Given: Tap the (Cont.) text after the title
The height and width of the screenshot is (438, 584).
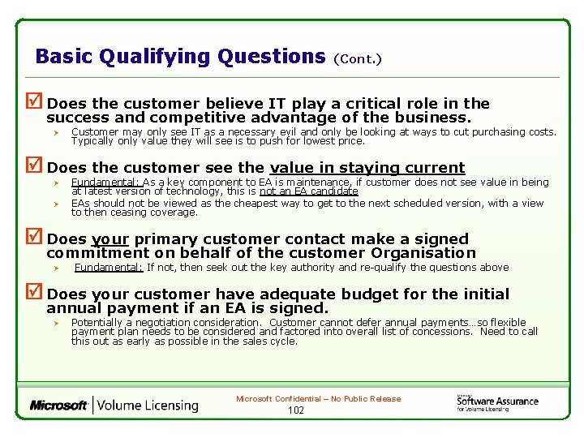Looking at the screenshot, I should click(x=357, y=59).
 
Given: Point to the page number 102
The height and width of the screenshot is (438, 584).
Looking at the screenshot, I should click(x=295, y=410).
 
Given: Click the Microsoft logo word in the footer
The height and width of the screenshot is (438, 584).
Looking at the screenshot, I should click(x=58, y=405).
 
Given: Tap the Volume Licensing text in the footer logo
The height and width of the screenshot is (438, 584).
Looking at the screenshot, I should click(x=148, y=405).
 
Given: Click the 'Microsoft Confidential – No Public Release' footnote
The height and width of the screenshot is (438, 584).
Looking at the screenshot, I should click(x=318, y=399).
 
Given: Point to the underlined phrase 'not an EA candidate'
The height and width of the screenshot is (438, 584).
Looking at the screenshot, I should click(x=308, y=191).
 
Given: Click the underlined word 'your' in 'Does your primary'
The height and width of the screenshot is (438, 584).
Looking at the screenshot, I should click(x=111, y=239).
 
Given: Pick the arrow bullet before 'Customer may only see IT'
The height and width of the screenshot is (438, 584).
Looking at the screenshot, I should click(x=57, y=131).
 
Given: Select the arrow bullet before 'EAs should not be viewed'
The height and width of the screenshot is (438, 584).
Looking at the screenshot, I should click(x=57, y=204).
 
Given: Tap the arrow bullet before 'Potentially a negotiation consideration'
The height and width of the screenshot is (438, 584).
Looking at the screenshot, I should click(x=57, y=323).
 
